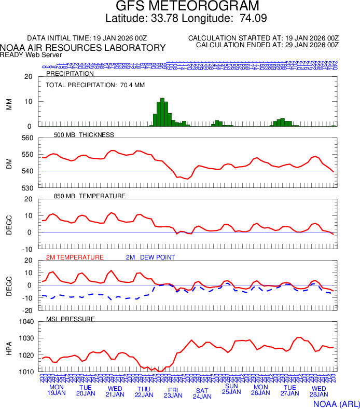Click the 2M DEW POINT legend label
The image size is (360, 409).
coord(150,257)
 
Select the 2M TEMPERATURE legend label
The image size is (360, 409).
coord(75,257)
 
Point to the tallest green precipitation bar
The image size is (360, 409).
coord(162,112)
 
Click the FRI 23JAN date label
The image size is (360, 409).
coord(173,392)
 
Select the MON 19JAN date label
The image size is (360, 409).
coord(57,390)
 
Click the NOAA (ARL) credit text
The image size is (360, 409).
coord(336,403)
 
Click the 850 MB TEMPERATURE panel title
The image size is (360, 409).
coord(90,196)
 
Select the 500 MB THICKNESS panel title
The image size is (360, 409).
coord(84,135)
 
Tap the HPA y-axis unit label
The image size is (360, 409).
coord(9,347)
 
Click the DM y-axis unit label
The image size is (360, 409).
coord(9,163)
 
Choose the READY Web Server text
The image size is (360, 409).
coord(31,54)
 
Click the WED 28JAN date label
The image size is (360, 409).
coord(319,390)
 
